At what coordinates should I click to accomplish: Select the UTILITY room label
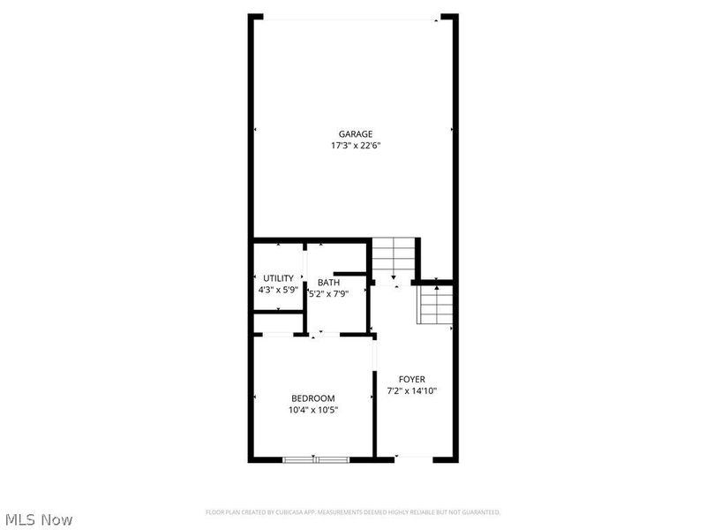[278, 278]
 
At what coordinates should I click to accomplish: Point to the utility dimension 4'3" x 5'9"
[278, 290]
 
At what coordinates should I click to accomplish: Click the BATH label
[328, 283]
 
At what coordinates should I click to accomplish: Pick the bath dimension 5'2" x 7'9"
[328, 294]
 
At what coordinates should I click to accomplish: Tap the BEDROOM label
[313, 397]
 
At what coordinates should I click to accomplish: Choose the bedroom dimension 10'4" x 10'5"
[313, 410]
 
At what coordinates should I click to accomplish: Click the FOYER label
[412, 379]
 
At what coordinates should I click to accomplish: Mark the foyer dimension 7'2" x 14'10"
[412, 390]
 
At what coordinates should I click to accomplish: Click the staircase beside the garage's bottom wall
[393, 258]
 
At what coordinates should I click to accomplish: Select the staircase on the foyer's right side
[436, 306]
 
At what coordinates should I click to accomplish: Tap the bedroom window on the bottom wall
[316, 458]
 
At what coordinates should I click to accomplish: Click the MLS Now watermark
[38, 519]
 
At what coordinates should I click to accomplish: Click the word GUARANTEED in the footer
[480, 512]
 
